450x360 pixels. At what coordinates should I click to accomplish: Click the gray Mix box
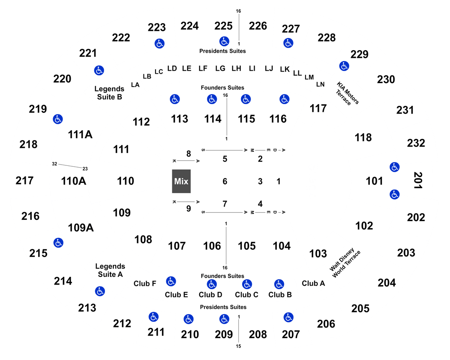pos(181,181)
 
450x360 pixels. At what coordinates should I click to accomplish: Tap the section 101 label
pos(374,181)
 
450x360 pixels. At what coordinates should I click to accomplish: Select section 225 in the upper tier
pos(223,26)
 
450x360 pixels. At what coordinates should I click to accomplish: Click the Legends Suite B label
pos(109,93)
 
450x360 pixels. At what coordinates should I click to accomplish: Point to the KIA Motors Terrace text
pos(348,93)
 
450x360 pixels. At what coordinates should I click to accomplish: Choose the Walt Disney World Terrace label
pos(345,263)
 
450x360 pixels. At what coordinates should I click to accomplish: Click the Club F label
pos(145,284)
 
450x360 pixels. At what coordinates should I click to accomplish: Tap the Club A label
pos(313,283)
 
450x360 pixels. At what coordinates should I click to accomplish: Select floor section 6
pos(225,181)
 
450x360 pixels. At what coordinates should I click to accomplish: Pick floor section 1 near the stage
pos(279,181)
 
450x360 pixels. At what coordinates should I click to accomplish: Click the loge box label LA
pos(135,85)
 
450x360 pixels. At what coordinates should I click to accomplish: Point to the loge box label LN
pos(320,84)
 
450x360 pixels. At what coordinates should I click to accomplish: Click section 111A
pos(80,134)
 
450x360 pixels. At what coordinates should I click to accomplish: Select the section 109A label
pos(81,228)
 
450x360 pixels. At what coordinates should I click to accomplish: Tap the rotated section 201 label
pos(418,180)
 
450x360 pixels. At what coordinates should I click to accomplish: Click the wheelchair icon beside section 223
pos(159,44)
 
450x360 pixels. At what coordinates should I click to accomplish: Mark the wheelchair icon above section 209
pos(224,319)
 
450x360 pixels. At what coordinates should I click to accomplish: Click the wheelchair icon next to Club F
pos(171,281)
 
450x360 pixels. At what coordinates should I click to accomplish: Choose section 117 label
pos(318,108)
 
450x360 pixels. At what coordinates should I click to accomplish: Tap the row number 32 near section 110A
pos(54,164)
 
